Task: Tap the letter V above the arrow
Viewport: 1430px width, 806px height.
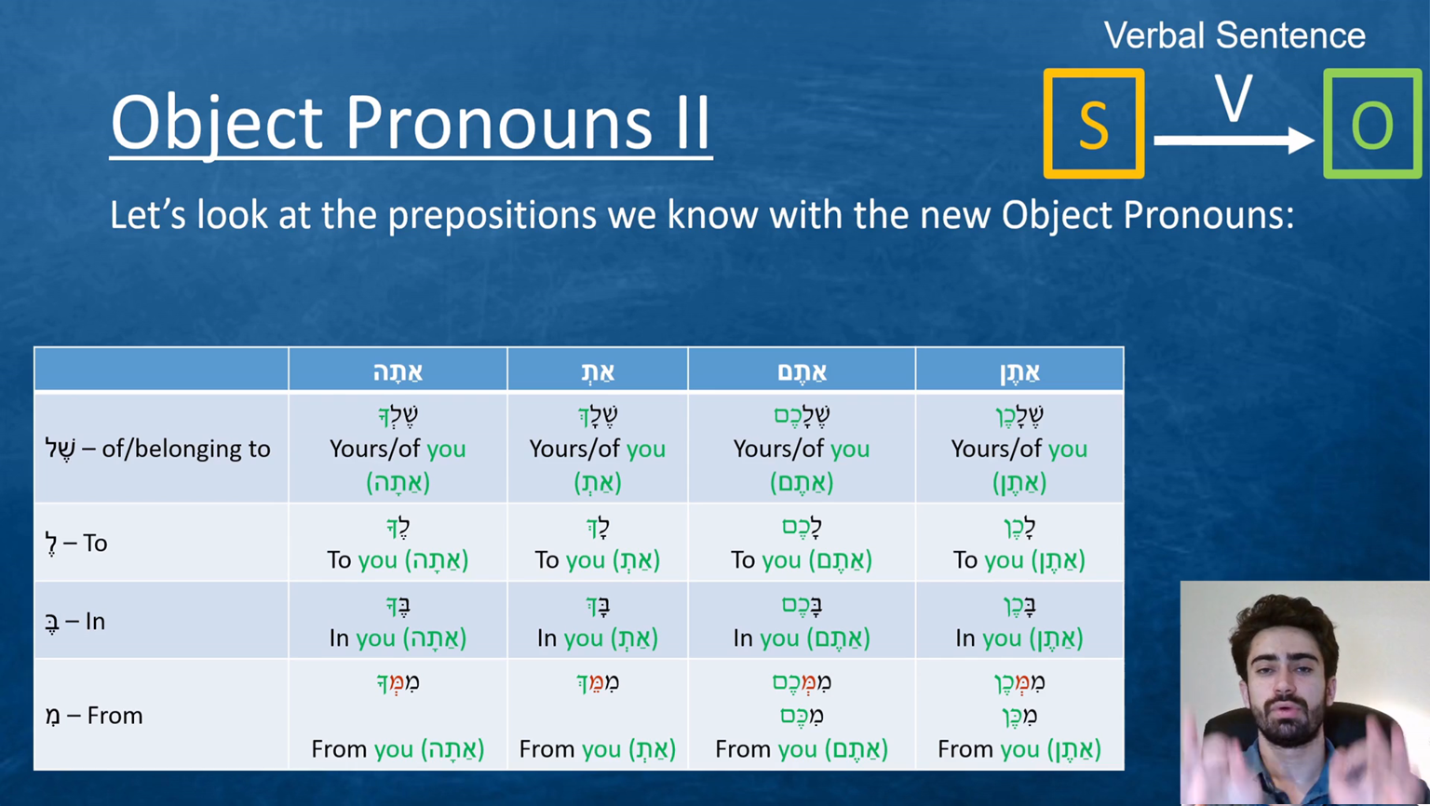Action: point(1233,99)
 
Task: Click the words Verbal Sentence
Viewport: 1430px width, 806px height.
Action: point(1234,35)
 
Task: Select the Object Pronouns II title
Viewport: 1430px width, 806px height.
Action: point(411,123)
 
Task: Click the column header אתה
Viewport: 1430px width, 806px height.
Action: point(398,370)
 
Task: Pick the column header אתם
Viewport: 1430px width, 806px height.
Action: point(802,370)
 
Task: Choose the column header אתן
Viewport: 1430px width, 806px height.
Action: point(1019,371)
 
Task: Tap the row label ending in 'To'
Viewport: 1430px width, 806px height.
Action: point(76,544)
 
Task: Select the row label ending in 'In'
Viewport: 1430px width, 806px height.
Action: point(74,622)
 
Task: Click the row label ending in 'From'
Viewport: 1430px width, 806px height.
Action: point(94,716)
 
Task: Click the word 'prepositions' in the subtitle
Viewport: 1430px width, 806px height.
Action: point(492,216)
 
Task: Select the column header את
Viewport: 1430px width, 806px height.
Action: point(598,371)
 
